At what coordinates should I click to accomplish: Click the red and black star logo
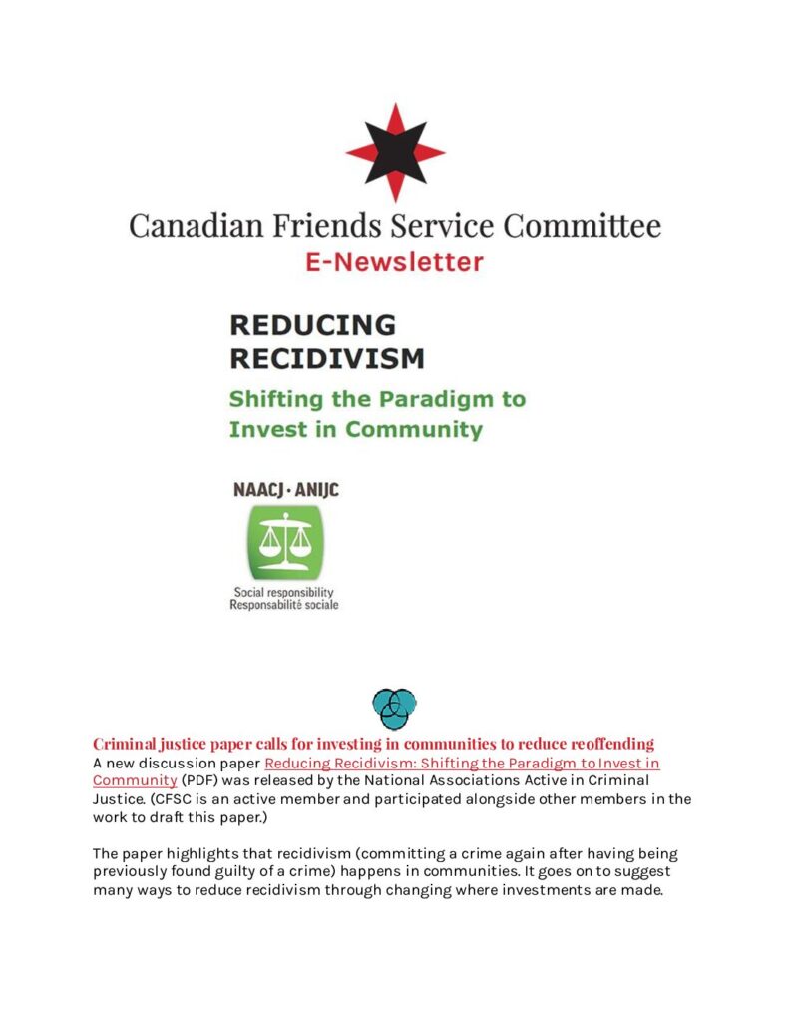pos(395,152)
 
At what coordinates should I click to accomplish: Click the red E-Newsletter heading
pos(395,262)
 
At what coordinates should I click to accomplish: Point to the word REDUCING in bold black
pos(312,325)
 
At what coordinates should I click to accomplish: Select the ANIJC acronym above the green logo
pos(313,490)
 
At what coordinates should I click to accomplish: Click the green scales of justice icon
pos(285,541)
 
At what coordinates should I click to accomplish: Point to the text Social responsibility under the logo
pos(283,592)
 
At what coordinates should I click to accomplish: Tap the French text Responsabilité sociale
pos(284,605)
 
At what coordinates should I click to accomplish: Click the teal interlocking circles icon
pos(394,708)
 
